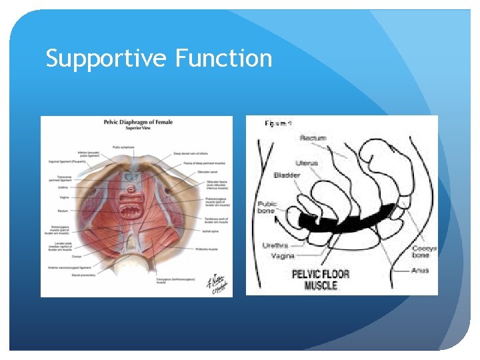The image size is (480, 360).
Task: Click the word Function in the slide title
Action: pyautogui.click(x=223, y=59)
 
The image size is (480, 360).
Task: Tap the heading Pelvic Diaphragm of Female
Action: pyautogui.click(x=136, y=122)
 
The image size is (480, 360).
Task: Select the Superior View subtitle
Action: pyautogui.click(x=136, y=128)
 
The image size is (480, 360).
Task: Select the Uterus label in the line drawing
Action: pyautogui.click(x=307, y=163)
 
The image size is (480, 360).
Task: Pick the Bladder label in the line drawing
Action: pyautogui.click(x=287, y=175)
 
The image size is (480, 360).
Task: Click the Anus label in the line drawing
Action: pyautogui.click(x=420, y=270)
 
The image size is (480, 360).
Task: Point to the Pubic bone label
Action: pyautogui.click(x=267, y=207)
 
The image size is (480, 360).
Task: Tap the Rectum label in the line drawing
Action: pyautogui.click(x=313, y=138)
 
